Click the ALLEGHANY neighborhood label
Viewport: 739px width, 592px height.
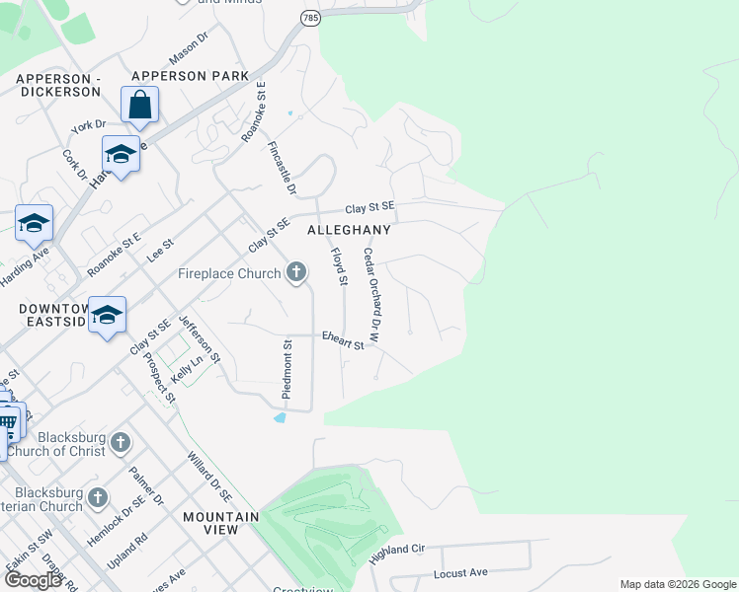point(349,229)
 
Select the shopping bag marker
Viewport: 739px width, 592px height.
point(140,105)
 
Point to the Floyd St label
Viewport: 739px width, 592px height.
point(339,267)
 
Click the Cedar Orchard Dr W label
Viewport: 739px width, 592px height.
point(371,295)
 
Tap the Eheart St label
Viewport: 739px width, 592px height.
point(344,340)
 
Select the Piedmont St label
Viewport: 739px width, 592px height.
point(287,370)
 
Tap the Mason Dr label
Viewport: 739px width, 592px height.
point(190,45)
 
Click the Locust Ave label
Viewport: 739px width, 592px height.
point(460,572)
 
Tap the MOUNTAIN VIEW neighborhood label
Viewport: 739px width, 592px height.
point(219,523)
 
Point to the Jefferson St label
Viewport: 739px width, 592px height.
point(200,340)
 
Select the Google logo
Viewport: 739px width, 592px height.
point(33,580)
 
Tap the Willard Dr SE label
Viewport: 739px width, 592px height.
point(209,475)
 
